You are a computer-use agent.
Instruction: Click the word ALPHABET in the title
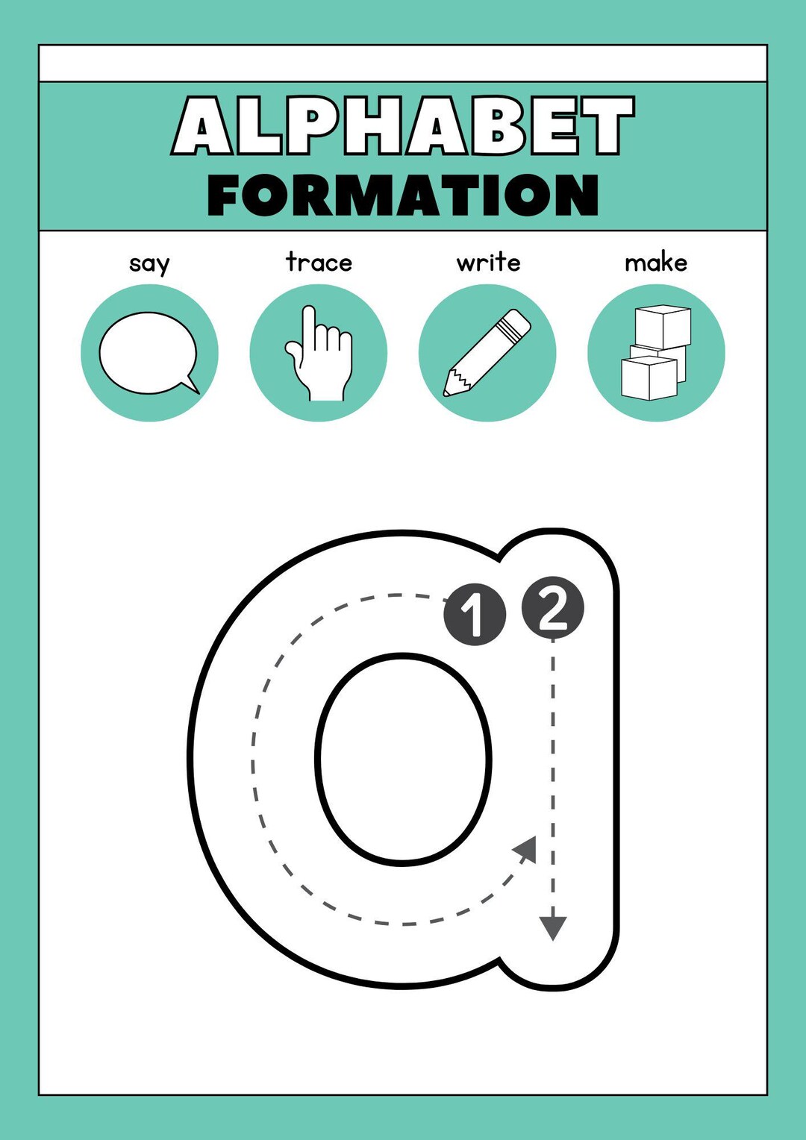(403, 125)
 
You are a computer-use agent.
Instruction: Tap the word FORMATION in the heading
(403, 195)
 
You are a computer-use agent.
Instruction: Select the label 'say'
(149, 263)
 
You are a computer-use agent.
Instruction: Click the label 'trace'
(319, 262)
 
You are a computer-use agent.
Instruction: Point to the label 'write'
(488, 262)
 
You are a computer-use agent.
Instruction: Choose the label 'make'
(656, 262)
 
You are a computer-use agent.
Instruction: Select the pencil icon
(487, 352)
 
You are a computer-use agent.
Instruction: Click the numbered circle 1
(475, 614)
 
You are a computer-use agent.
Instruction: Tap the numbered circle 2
(552, 607)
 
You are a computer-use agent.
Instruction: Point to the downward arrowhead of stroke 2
(553, 928)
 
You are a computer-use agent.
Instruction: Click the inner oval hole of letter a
(403, 760)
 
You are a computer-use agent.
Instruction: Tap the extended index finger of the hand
(307, 325)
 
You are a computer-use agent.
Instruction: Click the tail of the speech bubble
(191, 384)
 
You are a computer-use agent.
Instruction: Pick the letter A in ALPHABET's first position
(201, 127)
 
